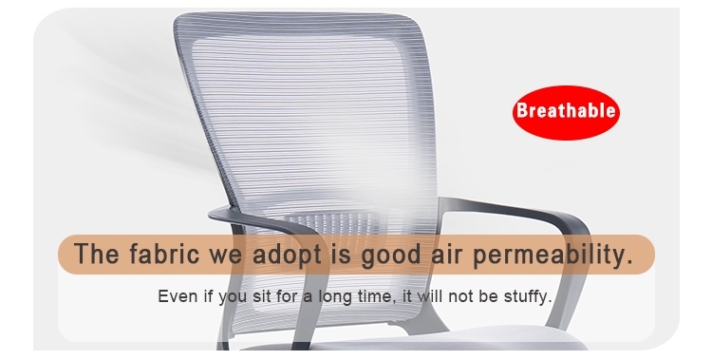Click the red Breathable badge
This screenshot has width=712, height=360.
pos(565,111)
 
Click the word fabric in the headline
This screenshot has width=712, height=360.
pos(161,256)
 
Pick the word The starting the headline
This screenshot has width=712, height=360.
pos(95,256)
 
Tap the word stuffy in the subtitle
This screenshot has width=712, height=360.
pos(527,296)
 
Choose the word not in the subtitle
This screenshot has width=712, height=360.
pos(462,296)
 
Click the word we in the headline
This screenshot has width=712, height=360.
pos(223,256)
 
